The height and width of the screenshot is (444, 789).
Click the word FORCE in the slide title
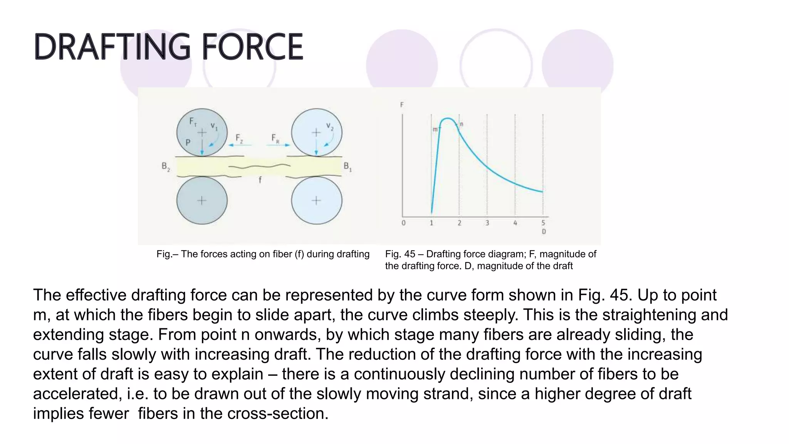pos(252,47)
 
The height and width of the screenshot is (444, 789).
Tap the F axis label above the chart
pos(402,104)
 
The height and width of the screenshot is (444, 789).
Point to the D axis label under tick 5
pos(544,232)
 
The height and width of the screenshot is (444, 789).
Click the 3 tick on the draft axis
pos(487,223)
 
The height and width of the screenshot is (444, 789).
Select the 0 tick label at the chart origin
pos(403,223)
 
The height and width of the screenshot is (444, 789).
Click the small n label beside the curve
pos(461,124)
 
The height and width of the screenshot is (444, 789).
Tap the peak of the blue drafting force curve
pos(447,118)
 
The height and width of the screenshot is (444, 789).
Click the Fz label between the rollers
pos(239,138)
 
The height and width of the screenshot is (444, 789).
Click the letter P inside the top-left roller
pos(188,142)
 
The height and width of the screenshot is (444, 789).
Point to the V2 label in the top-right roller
pos(330,126)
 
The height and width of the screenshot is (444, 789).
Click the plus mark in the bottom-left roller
pos(202,200)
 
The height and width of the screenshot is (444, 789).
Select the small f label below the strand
pos(260,180)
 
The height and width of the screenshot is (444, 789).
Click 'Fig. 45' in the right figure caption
pos(400,254)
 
